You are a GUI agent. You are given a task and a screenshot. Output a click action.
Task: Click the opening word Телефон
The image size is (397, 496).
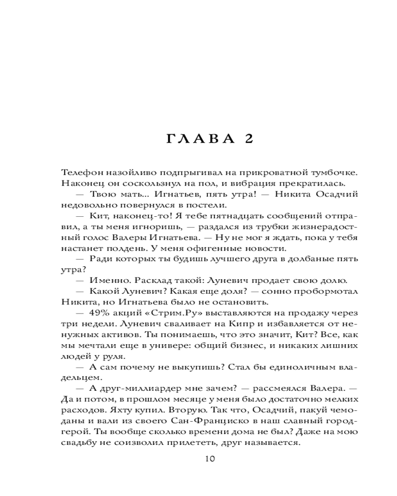[82, 172]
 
